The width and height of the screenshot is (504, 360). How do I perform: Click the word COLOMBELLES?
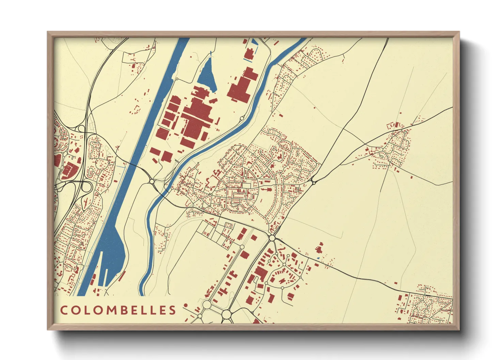tap(118, 310)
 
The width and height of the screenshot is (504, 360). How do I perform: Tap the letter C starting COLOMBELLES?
tap(64, 310)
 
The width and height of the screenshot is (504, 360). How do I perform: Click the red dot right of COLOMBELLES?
tap(186, 305)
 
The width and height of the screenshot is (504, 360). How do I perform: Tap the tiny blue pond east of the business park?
tap(318, 258)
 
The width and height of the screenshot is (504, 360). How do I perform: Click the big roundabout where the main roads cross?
tap(272, 238)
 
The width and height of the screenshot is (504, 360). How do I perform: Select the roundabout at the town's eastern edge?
tap(313, 183)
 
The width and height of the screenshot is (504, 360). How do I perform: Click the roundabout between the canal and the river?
tap(152, 181)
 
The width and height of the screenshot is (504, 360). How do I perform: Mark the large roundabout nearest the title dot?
tap(207, 304)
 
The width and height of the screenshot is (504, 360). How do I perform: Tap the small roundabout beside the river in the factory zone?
tap(241, 118)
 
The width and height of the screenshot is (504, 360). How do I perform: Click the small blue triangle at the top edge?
tap(255, 42)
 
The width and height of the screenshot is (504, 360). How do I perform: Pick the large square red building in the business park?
tap(261, 273)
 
